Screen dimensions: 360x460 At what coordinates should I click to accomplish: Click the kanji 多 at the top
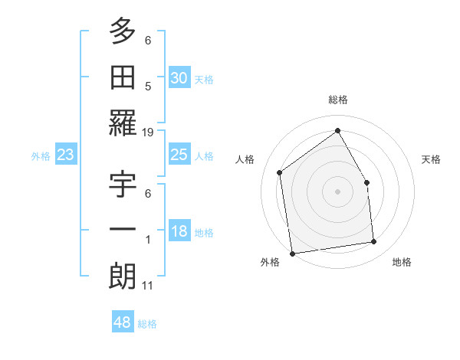click(x=123, y=31)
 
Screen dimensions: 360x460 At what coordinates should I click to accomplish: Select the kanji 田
click(x=123, y=77)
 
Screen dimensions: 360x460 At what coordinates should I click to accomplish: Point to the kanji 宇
click(x=123, y=185)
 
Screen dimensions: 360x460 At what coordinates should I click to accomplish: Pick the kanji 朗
click(x=123, y=277)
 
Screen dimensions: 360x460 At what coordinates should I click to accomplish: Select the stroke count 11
click(x=147, y=286)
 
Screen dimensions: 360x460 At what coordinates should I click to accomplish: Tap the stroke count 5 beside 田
click(x=148, y=87)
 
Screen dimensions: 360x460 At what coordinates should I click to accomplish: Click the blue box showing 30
click(x=179, y=78)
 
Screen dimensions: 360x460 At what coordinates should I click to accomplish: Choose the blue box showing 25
click(x=179, y=155)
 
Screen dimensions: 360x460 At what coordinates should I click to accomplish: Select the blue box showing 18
click(x=179, y=231)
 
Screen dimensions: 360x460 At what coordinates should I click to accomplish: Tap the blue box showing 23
click(x=66, y=155)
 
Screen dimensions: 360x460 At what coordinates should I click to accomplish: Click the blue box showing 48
click(x=123, y=322)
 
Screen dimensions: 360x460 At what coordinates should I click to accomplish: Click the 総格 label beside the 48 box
click(x=147, y=324)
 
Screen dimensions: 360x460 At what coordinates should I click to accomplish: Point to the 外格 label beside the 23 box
click(x=41, y=156)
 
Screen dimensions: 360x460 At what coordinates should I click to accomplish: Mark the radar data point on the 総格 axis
click(x=337, y=129)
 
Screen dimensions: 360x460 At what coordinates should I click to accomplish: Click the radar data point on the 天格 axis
click(x=366, y=182)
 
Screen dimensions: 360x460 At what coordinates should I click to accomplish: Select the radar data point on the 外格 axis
click(x=292, y=254)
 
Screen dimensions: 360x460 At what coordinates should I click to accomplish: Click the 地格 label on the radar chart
click(x=402, y=263)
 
